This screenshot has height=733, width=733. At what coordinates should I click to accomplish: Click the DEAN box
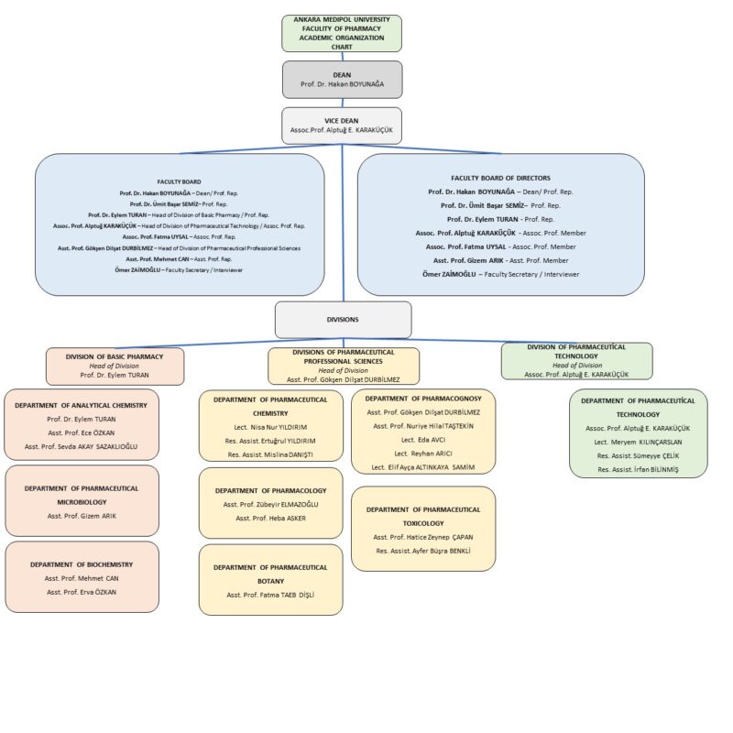click(342, 80)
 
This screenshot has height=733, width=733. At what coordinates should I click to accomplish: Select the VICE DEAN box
click(342, 126)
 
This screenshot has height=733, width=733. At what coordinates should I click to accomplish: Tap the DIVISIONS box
click(343, 320)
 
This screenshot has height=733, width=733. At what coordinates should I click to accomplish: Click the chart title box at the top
click(342, 33)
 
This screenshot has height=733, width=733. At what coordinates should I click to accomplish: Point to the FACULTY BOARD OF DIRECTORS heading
click(500, 178)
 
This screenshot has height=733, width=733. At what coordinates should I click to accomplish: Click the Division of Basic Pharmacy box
click(115, 366)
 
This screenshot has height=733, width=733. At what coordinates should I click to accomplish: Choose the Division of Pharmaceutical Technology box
click(577, 361)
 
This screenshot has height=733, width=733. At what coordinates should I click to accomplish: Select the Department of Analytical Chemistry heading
click(81, 406)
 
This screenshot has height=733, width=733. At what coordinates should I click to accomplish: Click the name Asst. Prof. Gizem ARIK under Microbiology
click(82, 516)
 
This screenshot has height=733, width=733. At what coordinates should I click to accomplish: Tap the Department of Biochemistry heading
click(82, 564)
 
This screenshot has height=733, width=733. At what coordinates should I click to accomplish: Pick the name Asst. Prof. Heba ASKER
click(270, 519)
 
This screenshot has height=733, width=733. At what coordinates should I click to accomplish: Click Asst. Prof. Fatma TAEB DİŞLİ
click(270, 595)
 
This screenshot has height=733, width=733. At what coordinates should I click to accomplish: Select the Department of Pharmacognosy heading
click(423, 399)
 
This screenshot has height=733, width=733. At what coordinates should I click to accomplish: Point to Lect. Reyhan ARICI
click(423, 454)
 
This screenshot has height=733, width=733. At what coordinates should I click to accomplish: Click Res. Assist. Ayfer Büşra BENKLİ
click(423, 552)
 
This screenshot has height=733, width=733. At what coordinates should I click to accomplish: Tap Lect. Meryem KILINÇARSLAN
click(638, 443)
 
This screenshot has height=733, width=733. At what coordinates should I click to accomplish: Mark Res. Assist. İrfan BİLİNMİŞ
click(638, 470)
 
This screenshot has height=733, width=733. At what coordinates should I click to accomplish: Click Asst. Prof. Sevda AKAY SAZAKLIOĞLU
click(82, 447)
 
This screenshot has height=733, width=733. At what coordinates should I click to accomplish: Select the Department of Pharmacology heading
click(270, 491)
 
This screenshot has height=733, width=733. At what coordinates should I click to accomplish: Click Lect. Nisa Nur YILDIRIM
click(270, 427)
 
